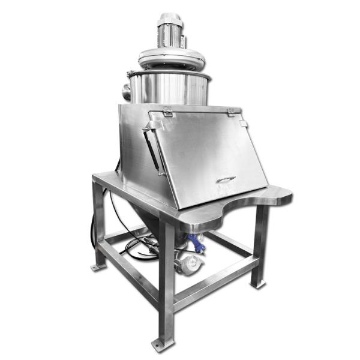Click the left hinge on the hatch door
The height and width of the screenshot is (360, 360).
tap(167, 112)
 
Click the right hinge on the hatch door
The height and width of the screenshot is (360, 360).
tap(230, 112)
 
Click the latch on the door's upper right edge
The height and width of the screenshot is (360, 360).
tap(243, 124)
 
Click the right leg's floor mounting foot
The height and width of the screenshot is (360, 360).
tap(259, 283)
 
